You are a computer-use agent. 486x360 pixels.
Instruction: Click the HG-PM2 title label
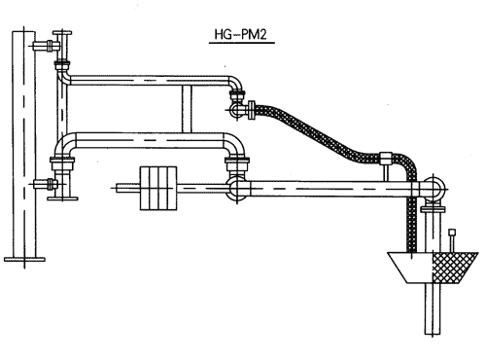240,34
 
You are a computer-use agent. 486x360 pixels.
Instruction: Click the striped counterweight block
158,189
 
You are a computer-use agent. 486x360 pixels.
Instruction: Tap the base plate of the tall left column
24,259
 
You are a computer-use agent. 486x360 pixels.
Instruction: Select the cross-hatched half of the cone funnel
454,268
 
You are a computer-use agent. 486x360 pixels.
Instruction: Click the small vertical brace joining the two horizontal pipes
187,109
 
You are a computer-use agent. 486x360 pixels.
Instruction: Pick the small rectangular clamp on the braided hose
386,158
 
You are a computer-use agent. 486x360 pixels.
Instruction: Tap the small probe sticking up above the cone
452,240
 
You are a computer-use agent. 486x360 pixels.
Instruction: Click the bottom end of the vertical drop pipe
434,334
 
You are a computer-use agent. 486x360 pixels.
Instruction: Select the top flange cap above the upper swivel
62,33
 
